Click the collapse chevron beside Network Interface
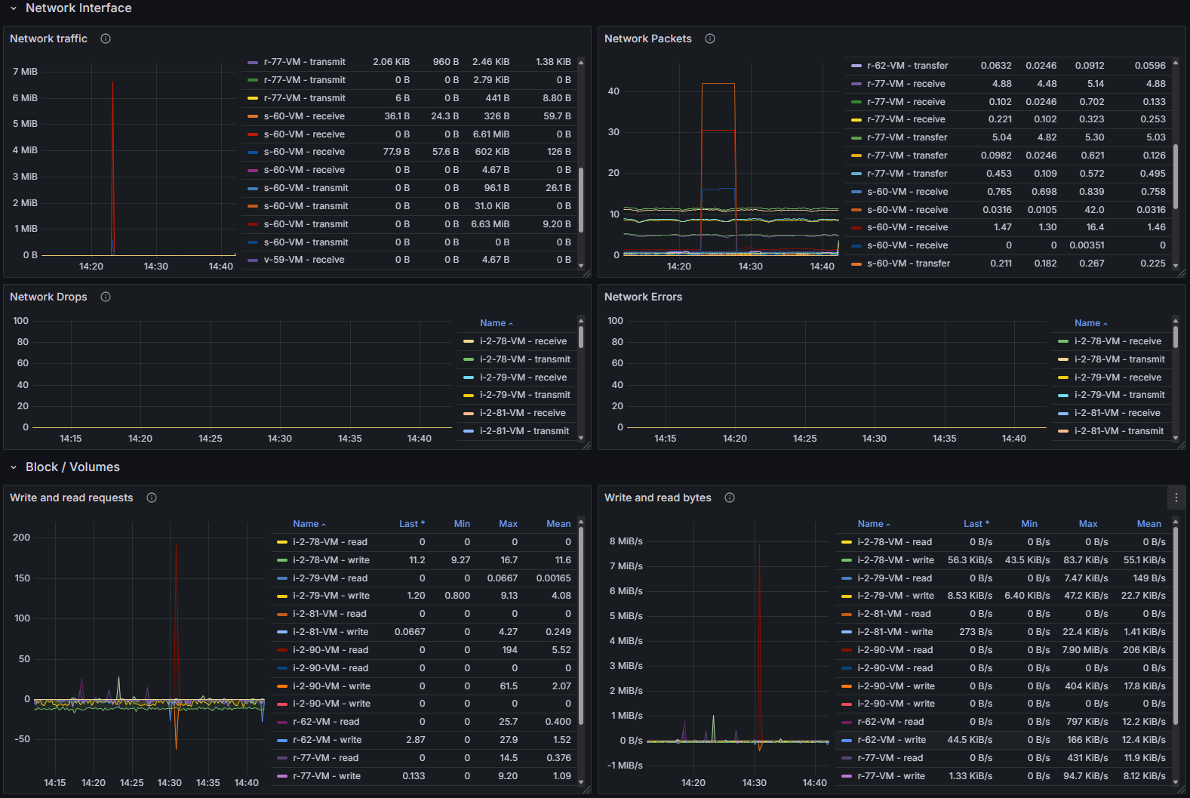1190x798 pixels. tap(14, 8)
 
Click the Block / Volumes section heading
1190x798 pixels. tap(72, 467)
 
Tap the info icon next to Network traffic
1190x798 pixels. tap(106, 39)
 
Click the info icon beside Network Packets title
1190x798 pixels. tap(710, 39)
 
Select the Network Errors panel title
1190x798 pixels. tap(643, 297)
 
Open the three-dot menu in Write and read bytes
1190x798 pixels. tap(1176, 498)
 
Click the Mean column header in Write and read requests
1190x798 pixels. tap(558, 524)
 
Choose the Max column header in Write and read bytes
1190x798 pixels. tap(1088, 524)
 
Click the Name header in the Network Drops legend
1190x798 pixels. tap(493, 323)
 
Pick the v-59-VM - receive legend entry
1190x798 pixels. tap(304, 260)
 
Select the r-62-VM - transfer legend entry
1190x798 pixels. tap(907, 66)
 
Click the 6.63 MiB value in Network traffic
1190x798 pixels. tap(490, 224)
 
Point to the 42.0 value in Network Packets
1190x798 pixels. tap(1094, 210)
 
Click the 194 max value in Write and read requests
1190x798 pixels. tap(510, 650)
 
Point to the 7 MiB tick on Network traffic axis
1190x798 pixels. tap(25, 72)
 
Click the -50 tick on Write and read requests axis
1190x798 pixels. tap(23, 739)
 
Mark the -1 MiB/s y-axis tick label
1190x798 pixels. tap(625, 766)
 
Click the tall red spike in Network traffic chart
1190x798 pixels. tap(113, 151)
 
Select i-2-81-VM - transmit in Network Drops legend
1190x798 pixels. tap(524, 431)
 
